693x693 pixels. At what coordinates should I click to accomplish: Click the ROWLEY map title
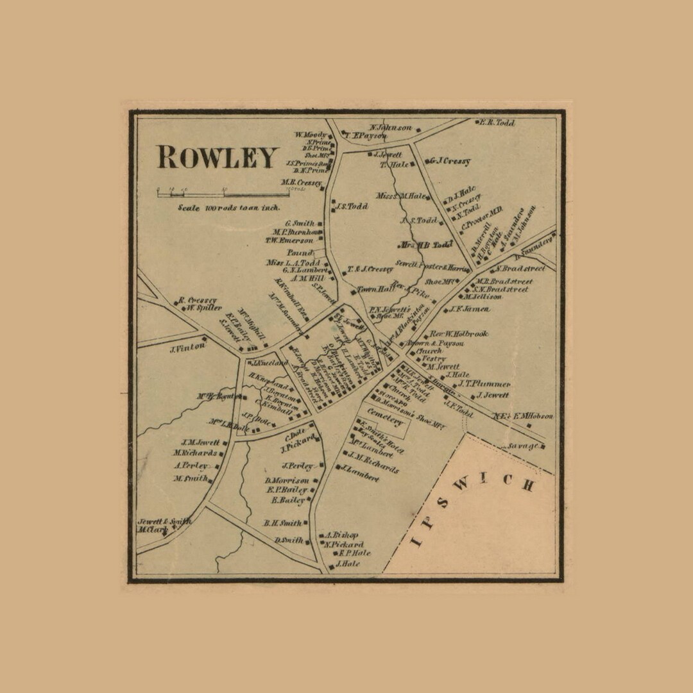(218, 158)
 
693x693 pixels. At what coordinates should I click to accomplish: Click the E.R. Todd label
(497, 122)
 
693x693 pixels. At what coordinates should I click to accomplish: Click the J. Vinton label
(187, 347)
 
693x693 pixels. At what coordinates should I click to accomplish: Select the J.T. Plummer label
(484, 384)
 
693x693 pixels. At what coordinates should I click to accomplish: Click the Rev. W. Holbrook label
(459, 334)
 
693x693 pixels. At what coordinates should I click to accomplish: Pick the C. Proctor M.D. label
(482, 221)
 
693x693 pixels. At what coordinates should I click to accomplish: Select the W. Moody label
(311, 135)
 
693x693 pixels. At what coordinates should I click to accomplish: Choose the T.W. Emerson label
(290, 241)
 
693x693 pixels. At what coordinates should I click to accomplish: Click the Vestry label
(431, 359)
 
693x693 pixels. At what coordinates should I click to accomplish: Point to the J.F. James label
(470, 310)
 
